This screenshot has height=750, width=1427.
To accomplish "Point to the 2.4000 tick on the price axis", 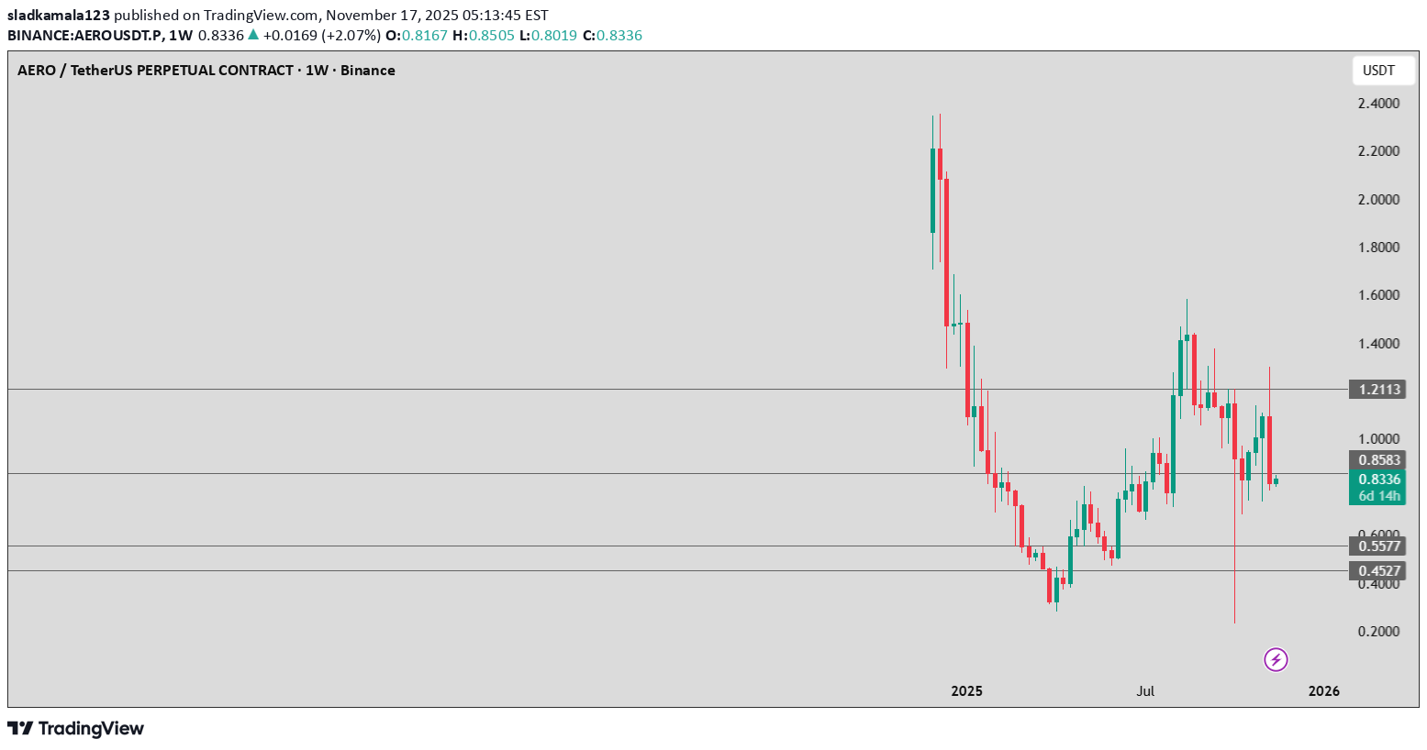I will click(1378, 104).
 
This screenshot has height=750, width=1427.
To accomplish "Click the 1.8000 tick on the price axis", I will click(1378, 248).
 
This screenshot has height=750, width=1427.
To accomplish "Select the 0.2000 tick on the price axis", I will click(1378, 632).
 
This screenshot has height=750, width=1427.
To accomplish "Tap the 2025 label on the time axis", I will click(966, 691).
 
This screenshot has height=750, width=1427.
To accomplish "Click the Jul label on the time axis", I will click(1145, 691).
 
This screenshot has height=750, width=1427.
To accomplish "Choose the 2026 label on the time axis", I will click(1323, 691).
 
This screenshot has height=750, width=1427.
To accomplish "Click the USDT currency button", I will click(1378, 71).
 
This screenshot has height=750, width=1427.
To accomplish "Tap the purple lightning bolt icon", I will click(1276, 659).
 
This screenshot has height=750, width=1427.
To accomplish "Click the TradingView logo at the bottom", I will click(76, 729).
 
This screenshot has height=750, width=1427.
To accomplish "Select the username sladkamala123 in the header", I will click(59, 16).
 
